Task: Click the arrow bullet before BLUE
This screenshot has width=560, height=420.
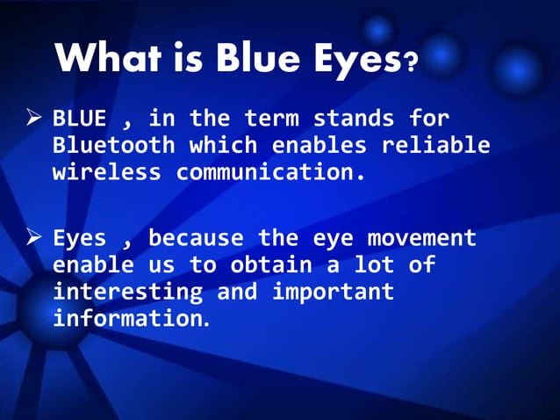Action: (33, 117)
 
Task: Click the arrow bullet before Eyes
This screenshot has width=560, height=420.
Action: (33, 237)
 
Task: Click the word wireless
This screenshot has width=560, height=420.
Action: (107, 171)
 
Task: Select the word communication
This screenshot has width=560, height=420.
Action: (270, 171)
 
